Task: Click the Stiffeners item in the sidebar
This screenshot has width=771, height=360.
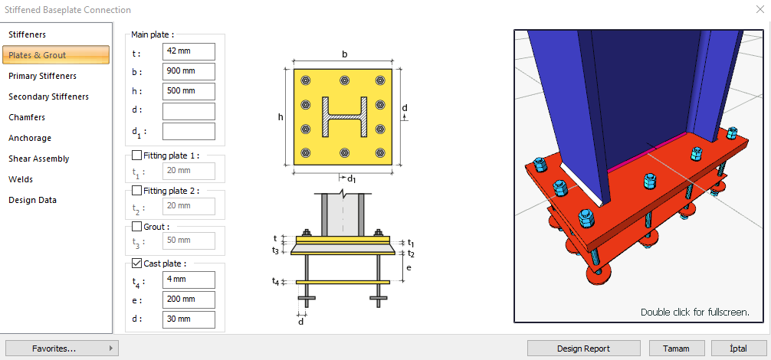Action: (x=28, y=34)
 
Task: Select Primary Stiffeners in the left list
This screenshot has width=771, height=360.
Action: (x=43, y=76)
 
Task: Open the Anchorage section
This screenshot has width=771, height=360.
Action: (x=30, y=138)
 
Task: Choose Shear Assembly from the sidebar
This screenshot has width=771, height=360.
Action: (x=39, y=159)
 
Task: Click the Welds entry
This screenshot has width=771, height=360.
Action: (x=21, y=179)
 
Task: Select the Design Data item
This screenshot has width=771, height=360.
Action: (x=33, y=200)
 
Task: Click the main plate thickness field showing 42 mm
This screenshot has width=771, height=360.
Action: (x=189, y=51)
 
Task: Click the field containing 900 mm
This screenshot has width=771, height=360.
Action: (x=189, y=71)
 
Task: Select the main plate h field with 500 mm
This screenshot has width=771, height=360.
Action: (x=189, y=91)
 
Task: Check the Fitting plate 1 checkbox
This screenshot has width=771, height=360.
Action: (x=137, y=155)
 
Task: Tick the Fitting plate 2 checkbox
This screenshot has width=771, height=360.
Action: (x=137, y=190)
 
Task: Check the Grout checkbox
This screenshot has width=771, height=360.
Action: (x=137, y=227)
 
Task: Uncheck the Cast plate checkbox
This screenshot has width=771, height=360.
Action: (x=137, y=263)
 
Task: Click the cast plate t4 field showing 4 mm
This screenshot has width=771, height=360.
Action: (x=189, y=280)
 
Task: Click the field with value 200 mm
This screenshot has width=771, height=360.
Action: (x=189, y=299)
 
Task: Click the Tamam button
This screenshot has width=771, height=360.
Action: (x=676, y=349)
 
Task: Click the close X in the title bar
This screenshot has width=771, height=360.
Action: (x=757, y=10)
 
